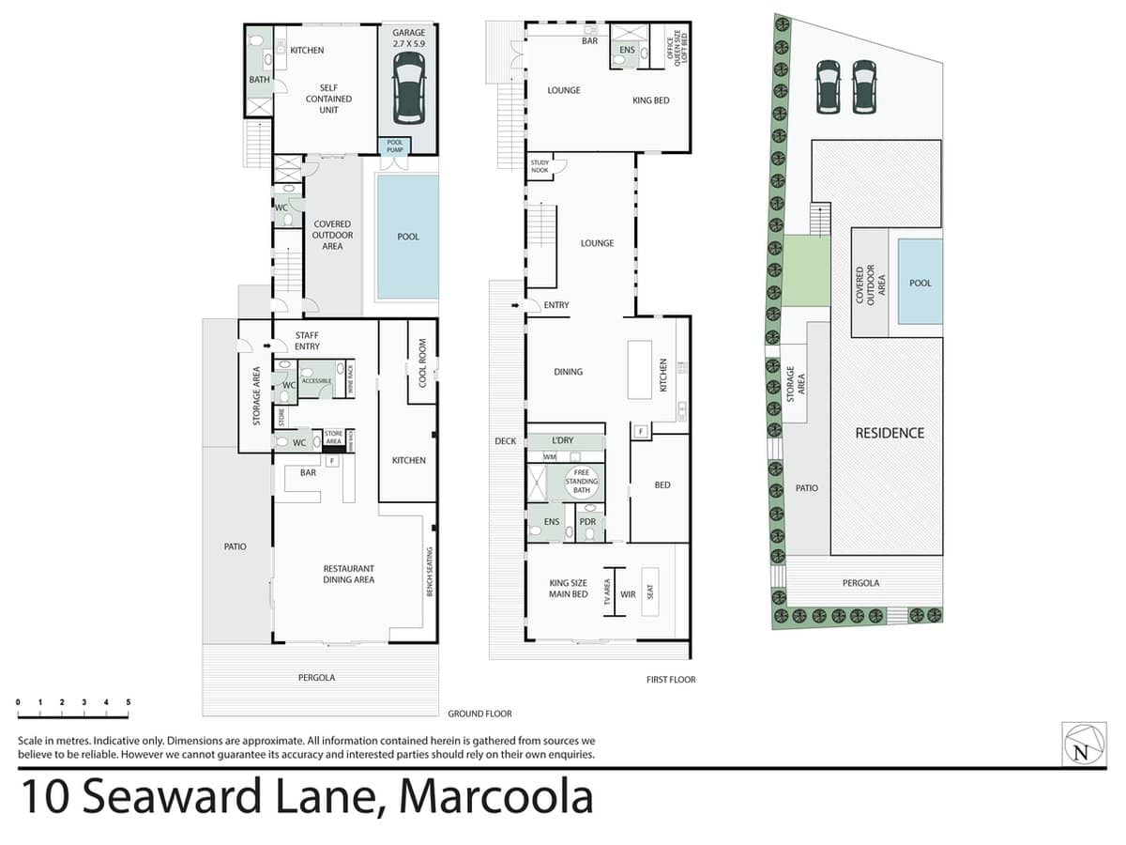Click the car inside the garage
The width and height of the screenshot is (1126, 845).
click(408, 88)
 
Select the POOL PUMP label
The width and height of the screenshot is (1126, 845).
click(394, 146)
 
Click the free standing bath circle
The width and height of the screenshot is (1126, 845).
click(581, 482)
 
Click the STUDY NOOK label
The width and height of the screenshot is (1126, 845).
click(540, 166)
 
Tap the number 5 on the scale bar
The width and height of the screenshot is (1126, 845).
click(129, 702)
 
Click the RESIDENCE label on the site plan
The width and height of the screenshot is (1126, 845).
click(890, 433)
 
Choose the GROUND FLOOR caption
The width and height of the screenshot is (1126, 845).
click(479, 714)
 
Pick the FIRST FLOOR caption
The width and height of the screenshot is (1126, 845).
click(671, 680)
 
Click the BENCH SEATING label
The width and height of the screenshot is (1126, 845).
click(430, 572)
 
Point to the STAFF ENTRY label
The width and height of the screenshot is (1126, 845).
click(307, 341)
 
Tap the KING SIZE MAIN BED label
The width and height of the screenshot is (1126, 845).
click(569, 589)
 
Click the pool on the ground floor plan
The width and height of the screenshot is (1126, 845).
click(407, 237)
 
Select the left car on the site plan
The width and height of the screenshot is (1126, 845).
click(828, 86)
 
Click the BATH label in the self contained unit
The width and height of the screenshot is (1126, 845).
click(259, 80)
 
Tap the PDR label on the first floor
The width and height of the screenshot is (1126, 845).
click(587, 522)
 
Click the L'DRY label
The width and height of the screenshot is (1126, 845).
click(562, 440)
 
